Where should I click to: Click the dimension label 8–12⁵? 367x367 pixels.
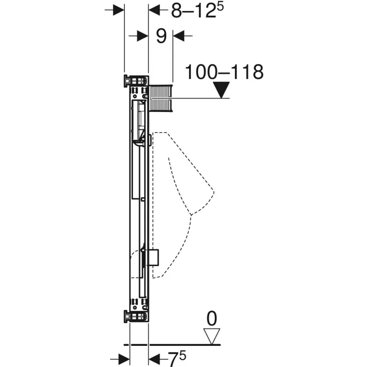point(197,10)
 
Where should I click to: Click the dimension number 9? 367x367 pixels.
point(161,36)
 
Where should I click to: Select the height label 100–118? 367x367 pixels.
point(224,72)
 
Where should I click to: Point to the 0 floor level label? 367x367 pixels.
point(211,318)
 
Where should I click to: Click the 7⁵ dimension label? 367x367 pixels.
point(177,359)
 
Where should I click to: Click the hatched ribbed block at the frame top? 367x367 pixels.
point(161,98)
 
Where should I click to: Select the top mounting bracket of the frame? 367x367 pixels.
point(136,81)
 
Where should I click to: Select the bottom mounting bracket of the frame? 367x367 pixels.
point(136,317)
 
